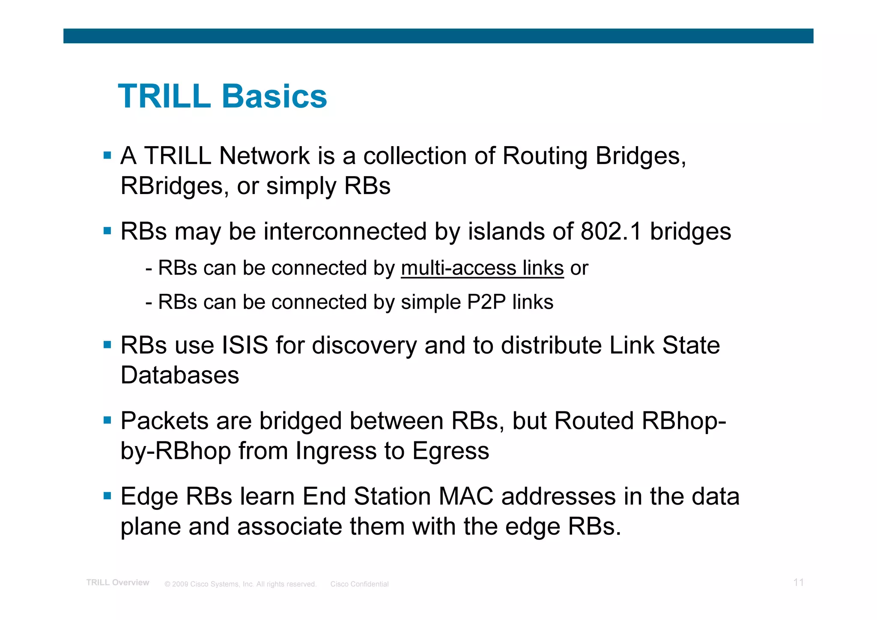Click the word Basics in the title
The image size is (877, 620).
click(274, 96)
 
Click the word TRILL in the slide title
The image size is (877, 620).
click(164, 96)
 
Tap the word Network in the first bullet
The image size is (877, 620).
click(264, 156)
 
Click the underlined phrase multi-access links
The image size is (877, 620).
click(482, 268)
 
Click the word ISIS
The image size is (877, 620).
click(245, 345)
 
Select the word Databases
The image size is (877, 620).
click(180, 375)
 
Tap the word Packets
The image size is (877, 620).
click(164, 421)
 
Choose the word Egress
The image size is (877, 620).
click(450, 451)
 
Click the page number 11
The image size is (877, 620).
click(799, 582)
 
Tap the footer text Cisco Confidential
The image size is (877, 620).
click(359, 584)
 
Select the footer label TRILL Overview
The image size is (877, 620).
click(118, 583)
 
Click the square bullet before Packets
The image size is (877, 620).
click(107, 420)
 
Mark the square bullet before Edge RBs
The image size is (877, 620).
click(107, 496)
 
